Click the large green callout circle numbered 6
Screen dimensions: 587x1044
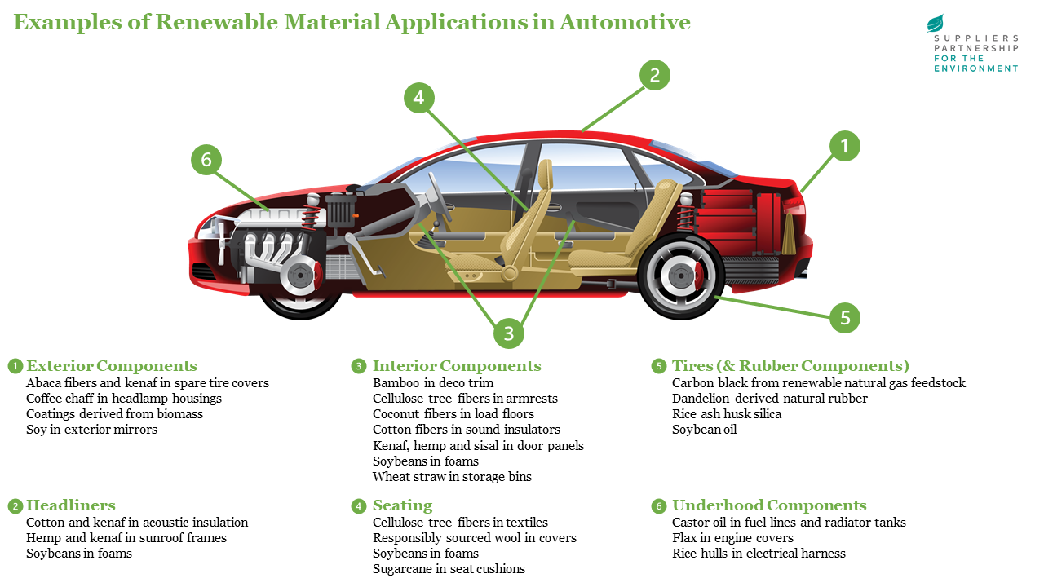click(x=206, y=160)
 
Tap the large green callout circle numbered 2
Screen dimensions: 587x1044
click(x=654, y=76)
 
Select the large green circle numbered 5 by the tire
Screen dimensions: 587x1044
click(x=845, y=317)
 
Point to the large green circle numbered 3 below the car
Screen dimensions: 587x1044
click(x=509, y=333)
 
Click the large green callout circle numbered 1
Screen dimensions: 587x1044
click(x=845, y=146)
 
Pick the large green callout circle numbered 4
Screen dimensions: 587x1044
click(x=418, y=99)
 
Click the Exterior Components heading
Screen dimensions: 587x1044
click(x=112, y=366)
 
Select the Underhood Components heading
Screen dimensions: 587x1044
click(x=768, y=505)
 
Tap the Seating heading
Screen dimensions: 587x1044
click(x=402, y=505)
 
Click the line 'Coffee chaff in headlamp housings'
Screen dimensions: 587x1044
click(x=124, y=399)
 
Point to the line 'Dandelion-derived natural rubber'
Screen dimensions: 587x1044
click(x=769, y=399)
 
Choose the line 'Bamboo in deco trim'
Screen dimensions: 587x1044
click(x=433, y=383)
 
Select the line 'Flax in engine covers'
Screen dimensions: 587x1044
click(x=732, y=538)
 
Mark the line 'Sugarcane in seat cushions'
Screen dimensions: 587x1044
click(x=449, y=569)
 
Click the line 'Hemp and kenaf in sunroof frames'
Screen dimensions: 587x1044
click(x=126, y=538)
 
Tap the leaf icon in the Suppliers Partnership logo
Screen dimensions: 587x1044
click(x=935, y=23)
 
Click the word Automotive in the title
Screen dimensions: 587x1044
click(x=625, y=22)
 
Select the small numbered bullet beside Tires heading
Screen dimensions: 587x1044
click(x=658, y=367)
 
